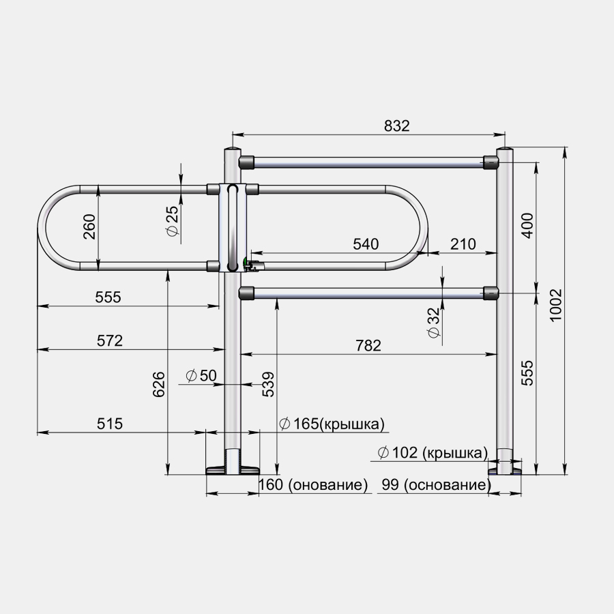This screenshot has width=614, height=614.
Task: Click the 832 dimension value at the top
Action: [x=396, y=126]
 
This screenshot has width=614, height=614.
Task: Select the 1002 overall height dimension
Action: [x=556, y=306]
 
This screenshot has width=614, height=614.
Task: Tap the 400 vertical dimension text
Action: [x=528, y=226]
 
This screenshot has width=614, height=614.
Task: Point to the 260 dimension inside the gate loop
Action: [x=89, y=226]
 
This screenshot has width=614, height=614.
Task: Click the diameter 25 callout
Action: [x=173, y=222]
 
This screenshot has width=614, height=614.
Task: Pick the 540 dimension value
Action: [x=366, y=244]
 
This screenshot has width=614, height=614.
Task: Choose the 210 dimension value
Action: [x=463, y=244]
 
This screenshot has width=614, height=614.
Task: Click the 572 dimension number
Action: [x=110, y=340]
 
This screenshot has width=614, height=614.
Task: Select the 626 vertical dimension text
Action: [x=158, y=385]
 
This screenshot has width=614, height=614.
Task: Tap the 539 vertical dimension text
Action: [x=268, y=385]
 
